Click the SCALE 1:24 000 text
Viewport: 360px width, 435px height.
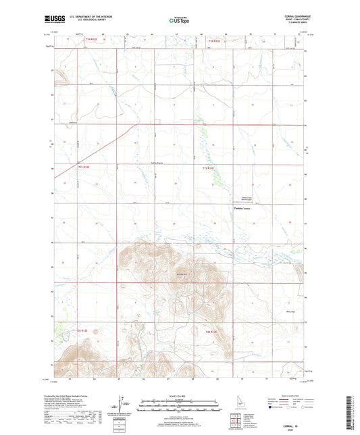click(x=179, y=396)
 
